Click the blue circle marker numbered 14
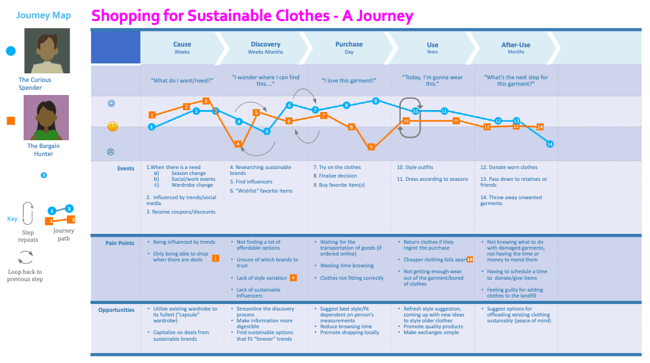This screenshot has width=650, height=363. [550, 144]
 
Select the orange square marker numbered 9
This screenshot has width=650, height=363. [371, 147]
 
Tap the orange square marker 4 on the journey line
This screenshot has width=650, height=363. [238, 143]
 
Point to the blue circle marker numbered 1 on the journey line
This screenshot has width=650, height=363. [152, 127]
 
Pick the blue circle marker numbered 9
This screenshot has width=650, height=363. [375, 101]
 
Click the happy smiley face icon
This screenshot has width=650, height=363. [112, 104]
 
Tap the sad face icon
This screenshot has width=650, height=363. [112, 152]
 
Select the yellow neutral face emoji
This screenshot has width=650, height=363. [112, 126]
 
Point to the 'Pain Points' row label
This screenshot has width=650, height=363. [120, 243]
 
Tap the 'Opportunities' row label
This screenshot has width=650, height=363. [116, 310]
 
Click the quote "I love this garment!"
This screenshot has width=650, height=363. [349, 81]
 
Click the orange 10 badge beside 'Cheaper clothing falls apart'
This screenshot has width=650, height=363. [470, 259]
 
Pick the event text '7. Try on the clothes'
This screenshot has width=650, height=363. [337, 168]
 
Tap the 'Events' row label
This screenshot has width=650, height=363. [126, 168]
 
